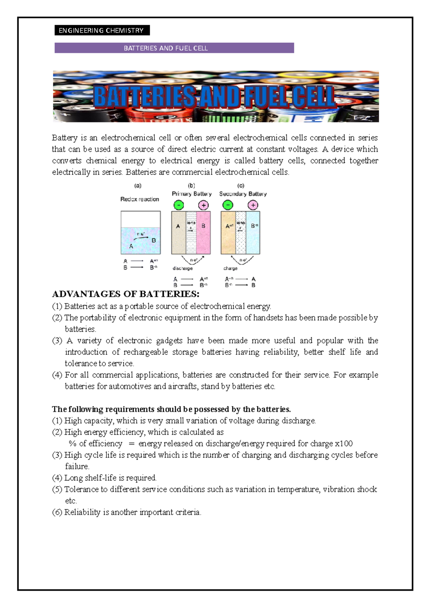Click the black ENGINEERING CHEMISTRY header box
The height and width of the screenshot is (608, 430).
pyautogui.click(x=102, y=30)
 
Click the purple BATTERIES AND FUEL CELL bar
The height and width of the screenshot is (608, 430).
pyautogui.click(x=174, y=48)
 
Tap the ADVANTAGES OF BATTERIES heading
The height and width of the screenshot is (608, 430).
pyautogui.click(x=125, y=294)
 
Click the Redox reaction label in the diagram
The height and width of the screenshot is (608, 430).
pyautogui.click(x=139, y=199)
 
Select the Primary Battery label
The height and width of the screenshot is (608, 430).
pyautogui.click(x=192, y=194)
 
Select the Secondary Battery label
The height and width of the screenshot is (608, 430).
pyautogui.click(x=243, y=194)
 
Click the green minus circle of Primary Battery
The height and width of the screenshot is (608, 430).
pyautogui.click(x=178, y=205)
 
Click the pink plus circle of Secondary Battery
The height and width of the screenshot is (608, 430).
pyautogui.click(x=253, y=205)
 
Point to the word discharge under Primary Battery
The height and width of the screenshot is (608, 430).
pyautogui.click(x=182, y=268)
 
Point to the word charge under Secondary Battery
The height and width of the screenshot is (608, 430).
pyautogui.click(x=230, y=268)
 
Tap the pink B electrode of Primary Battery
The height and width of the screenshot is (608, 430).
pyautogui.click(x=204, y=233)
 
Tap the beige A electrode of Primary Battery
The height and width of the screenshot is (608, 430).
pyautogui.click(x=178, y=233)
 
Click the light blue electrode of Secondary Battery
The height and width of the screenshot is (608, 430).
pyautogui.click(x=253, y=233)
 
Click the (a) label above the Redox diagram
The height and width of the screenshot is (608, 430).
pyautogui.click(x=138, y=185)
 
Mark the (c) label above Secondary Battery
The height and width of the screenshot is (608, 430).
pyautogui.click(x=241, y=185)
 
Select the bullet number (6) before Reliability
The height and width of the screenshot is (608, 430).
pyautogui.click(x=57, y=512)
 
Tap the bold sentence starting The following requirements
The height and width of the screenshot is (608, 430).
pyautogui.click(x=171, y=409)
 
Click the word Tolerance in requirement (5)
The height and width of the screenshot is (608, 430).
pyautogui.click(x=81, y=489)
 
